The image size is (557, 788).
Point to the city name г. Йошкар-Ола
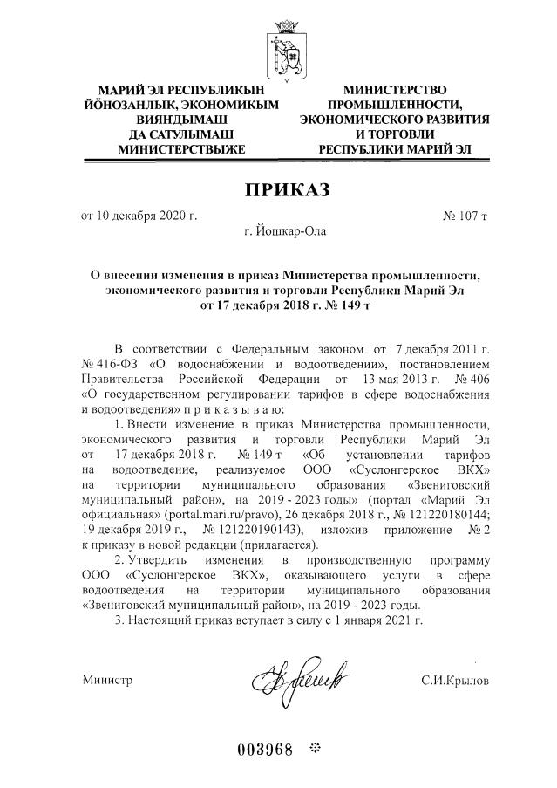(x=278, y=233)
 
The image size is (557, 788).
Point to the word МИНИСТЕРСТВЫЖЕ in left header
(x=181, y=149)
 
